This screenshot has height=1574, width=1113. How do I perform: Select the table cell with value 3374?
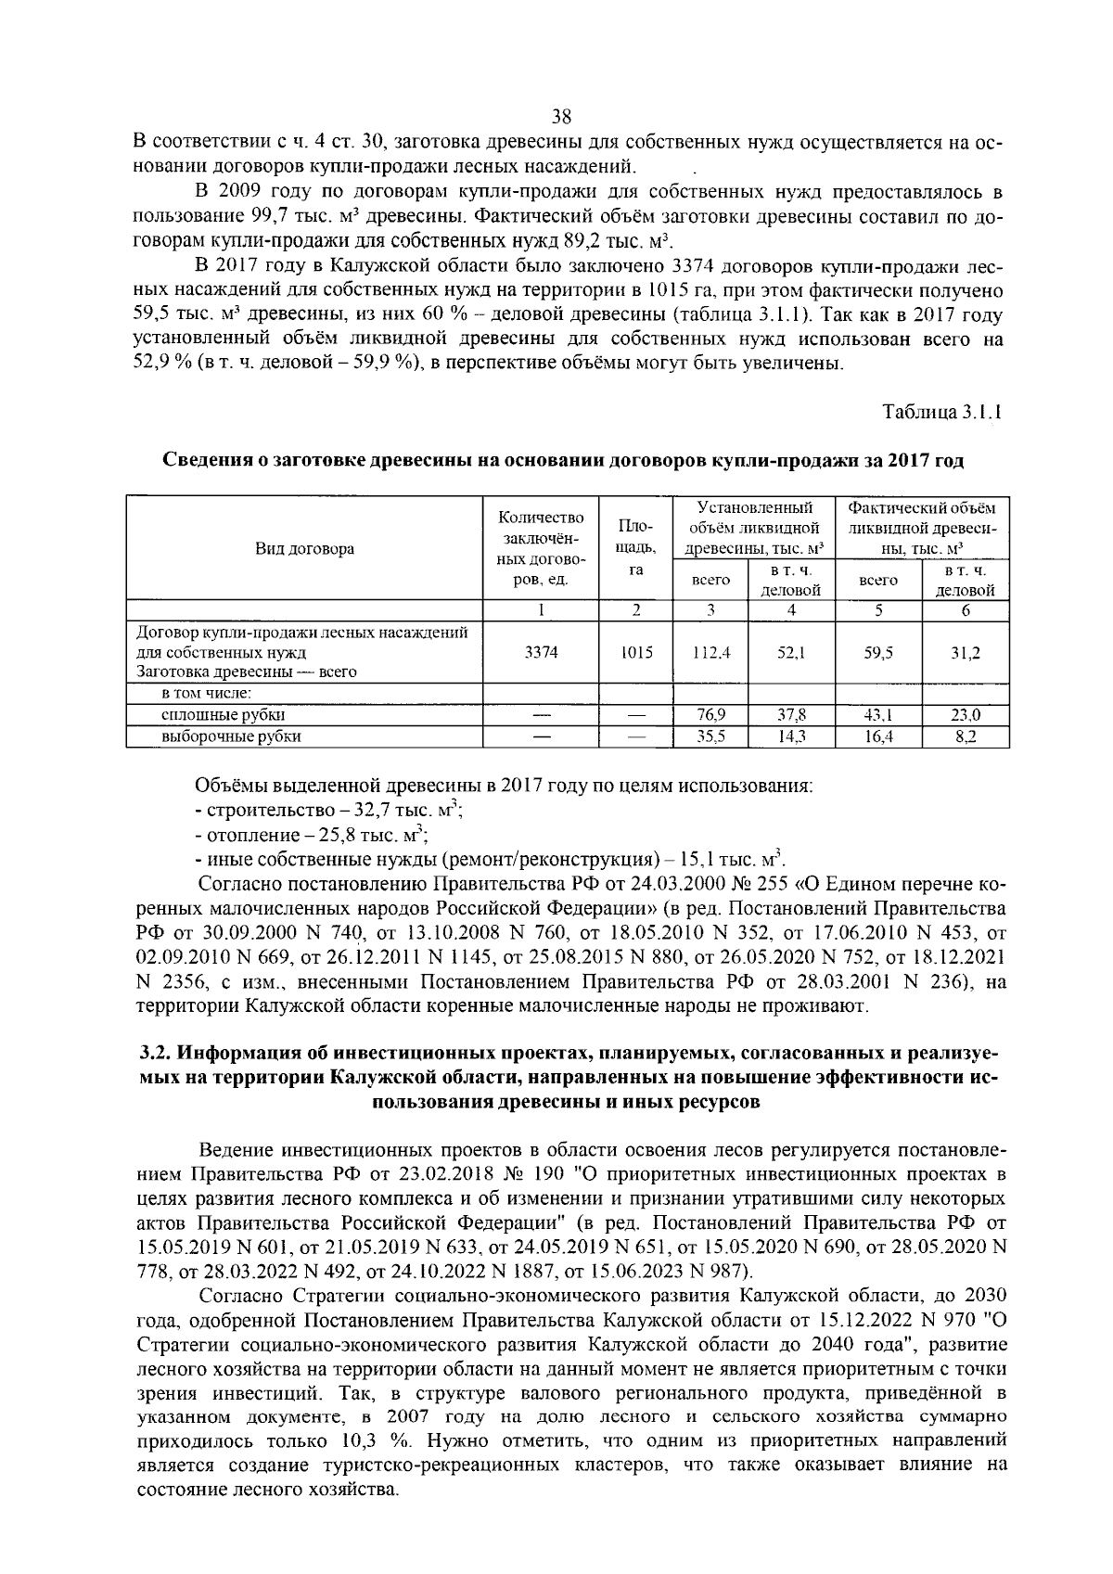click(x=542, y=652)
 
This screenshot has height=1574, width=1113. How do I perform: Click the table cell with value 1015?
click(x=636, y=652)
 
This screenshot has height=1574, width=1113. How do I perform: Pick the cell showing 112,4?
click(x=712, y=652)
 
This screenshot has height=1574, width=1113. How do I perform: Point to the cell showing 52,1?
click(x=791, y=652)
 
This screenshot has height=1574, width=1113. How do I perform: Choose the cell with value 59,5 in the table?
click(x=877, y=652)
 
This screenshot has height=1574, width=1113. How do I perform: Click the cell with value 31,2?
click(x=966, y=652)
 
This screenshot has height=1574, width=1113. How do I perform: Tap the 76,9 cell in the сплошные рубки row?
click(x=710, y=715)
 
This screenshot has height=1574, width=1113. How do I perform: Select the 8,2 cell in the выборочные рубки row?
click(x=966, y=736)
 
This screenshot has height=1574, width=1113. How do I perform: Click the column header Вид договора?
click(x=304, y=549)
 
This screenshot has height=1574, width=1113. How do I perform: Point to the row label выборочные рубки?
click(x=232, y=736)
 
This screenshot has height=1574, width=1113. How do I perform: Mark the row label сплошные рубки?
click(x=224, y=715)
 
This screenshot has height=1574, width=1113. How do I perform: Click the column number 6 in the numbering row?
click(x=966, y=610)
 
